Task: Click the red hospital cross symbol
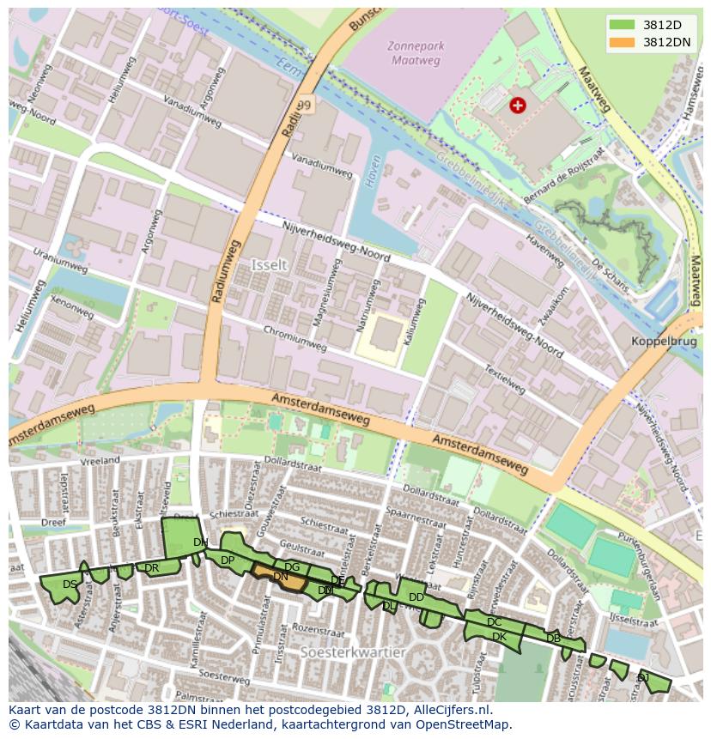pos(517,105)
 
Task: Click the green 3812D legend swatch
pos(622,25)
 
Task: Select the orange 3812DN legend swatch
pos(622,42)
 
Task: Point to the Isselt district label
pos(269,265)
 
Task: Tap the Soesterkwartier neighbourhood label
pos(353,652)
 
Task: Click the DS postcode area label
pos(70,585)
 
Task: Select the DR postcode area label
pos(151,568)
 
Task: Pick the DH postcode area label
pos(200,542)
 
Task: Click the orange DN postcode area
pos(281,578)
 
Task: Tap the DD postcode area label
pos(416,597)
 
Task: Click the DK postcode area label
pos(499,637)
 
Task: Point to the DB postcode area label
pos(553,638)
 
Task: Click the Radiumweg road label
pos(226,268)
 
